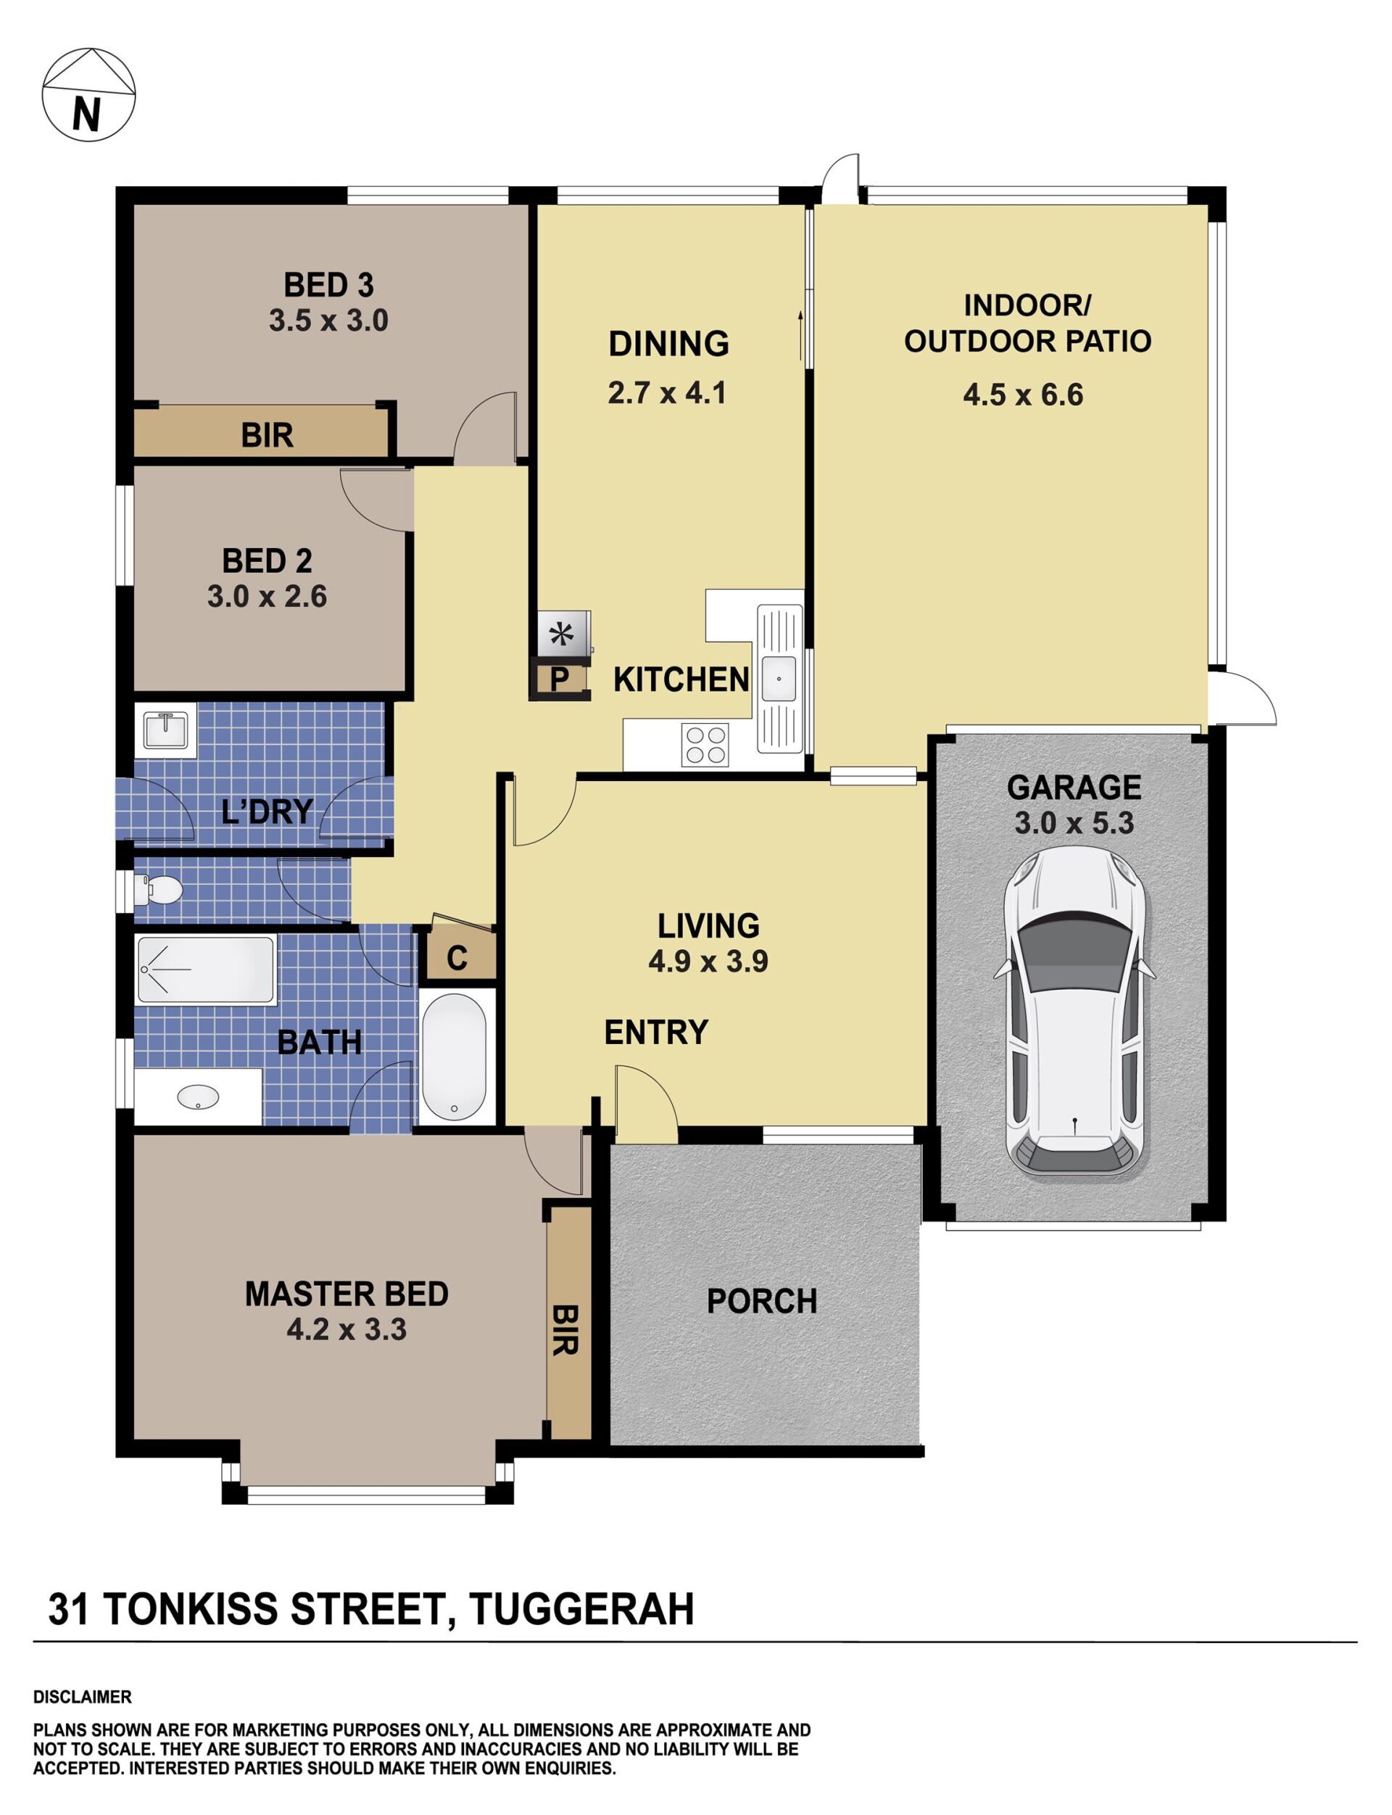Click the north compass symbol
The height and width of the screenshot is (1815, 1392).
click(x=88, y=94)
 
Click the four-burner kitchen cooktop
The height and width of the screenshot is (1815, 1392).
click(x=704, y=744)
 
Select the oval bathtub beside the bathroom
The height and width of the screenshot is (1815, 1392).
click(x=454, y=1055)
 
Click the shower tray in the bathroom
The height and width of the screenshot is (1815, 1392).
click(x=205, y=969)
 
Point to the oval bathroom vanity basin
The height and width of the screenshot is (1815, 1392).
click(x=198, y=1097)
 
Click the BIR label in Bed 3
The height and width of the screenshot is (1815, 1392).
click(x=267, y=435)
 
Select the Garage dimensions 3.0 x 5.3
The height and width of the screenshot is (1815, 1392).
click(x=1074, y=823)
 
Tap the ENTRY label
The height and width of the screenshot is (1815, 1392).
click(x=656, y=1033)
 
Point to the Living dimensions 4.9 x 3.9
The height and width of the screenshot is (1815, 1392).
click(x=708, y=962)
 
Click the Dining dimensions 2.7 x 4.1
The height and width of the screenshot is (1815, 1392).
click(x=667, y=393)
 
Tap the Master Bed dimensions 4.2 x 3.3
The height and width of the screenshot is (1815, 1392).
click(x=347, y=1330)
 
